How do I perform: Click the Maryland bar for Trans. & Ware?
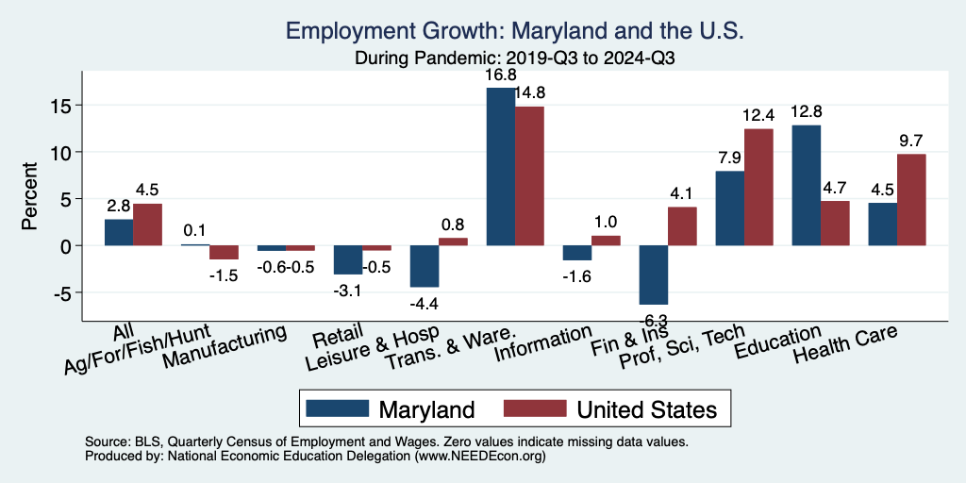500,166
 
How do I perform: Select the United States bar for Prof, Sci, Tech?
758,187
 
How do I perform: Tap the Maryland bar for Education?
807,185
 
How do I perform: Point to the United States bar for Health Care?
911,199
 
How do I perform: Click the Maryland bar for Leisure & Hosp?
425,266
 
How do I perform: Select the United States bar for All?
147,225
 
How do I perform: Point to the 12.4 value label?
758,116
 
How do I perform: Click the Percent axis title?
31,198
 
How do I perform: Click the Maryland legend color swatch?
336,408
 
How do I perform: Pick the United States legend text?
646,409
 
